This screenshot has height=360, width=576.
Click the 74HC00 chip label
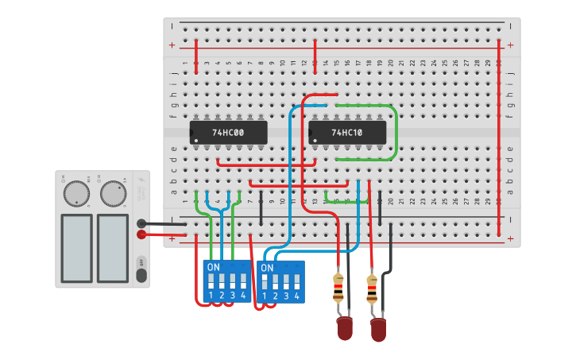pos(228,133)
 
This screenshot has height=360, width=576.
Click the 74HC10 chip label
pos(347,133)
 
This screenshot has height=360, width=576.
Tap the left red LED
pos(345,328)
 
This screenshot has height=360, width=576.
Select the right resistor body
pos(372,289)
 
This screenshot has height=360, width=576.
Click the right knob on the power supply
pos(113,193)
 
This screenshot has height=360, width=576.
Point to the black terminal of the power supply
pos(141,224)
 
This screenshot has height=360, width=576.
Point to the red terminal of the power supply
pos(141,234)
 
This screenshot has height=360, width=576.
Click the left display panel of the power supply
pos(77,247)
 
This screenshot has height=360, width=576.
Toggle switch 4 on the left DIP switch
pos(243,281)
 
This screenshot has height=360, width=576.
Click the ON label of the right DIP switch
pos(268,269)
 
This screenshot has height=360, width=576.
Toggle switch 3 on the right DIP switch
pos(286,282)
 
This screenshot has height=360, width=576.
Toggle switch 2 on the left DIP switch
pos(222,281)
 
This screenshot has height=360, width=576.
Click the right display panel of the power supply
pos(112,247)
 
